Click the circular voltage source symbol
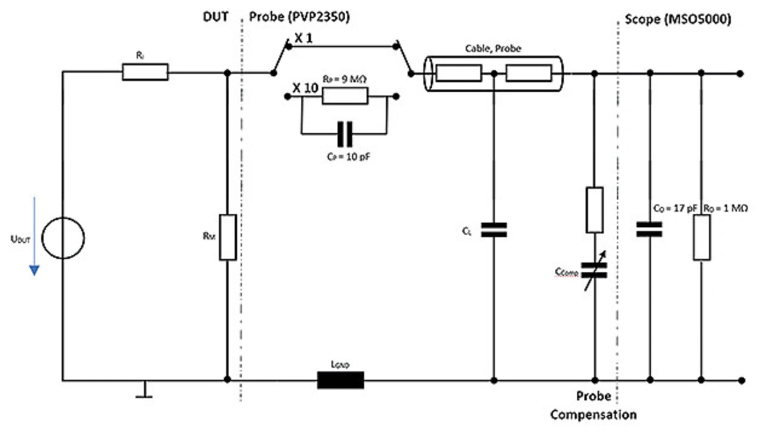(64, 237)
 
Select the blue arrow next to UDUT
(34, 237)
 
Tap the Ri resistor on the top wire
(145, 72)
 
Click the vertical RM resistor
(228, 237)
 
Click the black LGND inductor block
(341, 380)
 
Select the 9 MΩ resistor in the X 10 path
(345, 95)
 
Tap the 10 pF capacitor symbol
(344, 134)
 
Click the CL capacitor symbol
(493, 230)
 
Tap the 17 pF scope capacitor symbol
(650, 229)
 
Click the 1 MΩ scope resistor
(702, 237)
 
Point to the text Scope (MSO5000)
(677, 19)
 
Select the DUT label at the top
(215, 18)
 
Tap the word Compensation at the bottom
(593, 415)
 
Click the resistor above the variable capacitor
(595, 210)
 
